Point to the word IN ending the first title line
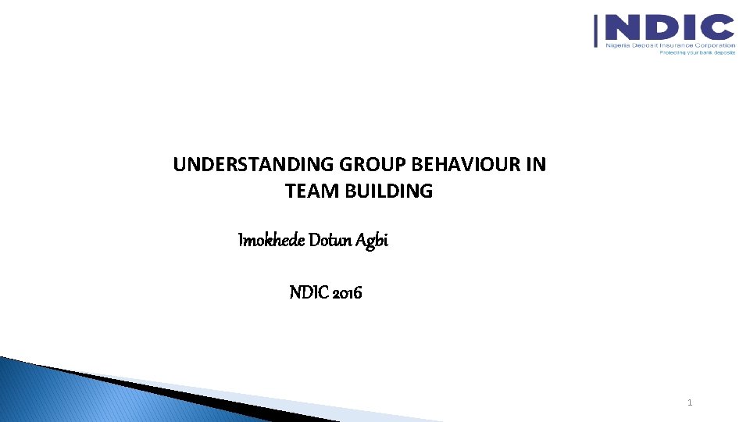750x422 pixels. (x=537, y=165)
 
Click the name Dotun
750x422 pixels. (x=331, y=241)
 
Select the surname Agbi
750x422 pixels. (x=373, y=241)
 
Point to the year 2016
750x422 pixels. (x=348, y=293)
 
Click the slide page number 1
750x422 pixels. (x=690, y=402)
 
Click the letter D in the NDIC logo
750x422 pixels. (x=661, y=28)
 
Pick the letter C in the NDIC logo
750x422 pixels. (x=716, y=28)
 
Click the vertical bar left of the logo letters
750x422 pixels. (x=598, y=31)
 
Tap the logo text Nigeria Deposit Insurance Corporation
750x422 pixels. (x=670, y=45)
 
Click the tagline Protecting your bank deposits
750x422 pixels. (x=697, y=52)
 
